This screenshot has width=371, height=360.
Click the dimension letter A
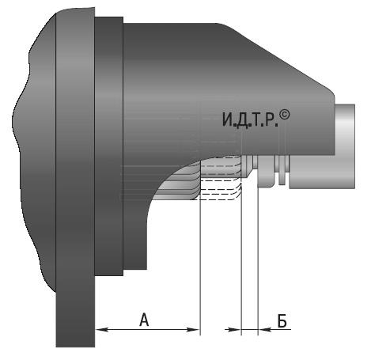[x=144, y=319]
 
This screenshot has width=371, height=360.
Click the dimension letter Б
[x=282, y=320]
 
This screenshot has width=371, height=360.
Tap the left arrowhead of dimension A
[x=102, y=329]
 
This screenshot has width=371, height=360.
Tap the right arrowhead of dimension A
[x=193, y=329]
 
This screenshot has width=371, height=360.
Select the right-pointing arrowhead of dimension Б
[x=235, y=329]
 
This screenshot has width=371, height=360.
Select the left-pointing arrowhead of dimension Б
[x=265, y=329]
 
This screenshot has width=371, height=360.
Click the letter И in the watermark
[x=227, y=119]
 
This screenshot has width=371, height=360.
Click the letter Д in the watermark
[x=241, y=120]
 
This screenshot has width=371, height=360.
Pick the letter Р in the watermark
[x=270, y=119]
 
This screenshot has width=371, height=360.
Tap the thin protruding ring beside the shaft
[x=282, y=169]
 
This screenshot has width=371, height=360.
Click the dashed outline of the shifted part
[x=220, y=183]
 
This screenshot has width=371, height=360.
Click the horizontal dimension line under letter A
[x=148, y=329]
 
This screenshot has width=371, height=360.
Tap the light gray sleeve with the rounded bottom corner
[x=266, y=172]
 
